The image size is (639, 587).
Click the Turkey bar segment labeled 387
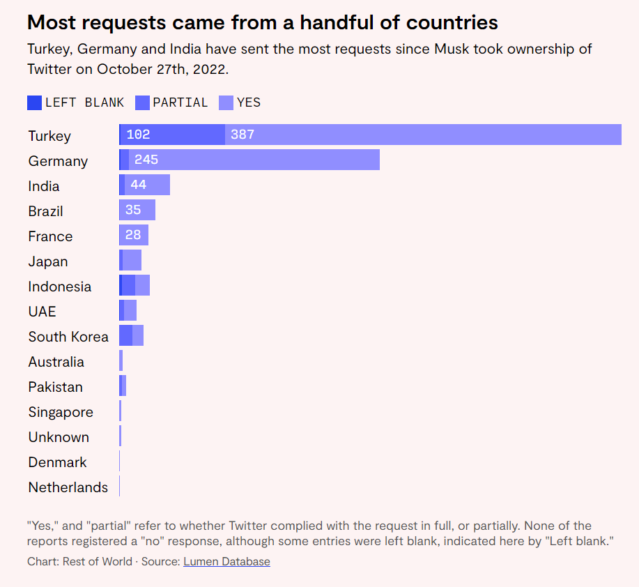coord(423,135)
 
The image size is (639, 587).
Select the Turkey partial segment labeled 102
coord(173,135)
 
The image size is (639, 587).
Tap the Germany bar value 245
coord(254,160)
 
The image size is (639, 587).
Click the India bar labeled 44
coord(147,185)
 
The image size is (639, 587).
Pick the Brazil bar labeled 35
coord(137,210)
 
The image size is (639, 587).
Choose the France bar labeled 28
coord(134,235)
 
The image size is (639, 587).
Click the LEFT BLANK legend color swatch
coord(34,102)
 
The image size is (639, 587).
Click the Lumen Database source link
coord(226,561)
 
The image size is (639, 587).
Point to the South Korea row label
coord(68,337)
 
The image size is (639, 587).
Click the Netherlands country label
coord(68,487)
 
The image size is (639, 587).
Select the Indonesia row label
coord(60,287)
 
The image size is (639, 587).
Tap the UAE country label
coord(42,312)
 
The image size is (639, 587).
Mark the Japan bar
coord(131,260)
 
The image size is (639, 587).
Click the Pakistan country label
coord(56,387)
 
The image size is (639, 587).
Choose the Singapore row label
coord(61,412)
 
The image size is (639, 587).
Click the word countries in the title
coord(456,22)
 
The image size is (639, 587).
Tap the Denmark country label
coord(58,462)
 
